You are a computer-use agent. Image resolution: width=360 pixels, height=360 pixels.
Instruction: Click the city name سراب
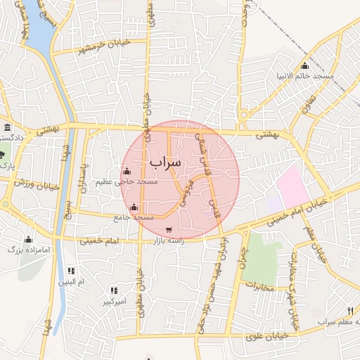pos(165,162)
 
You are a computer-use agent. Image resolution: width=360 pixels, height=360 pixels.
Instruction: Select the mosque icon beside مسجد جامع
pos(134,207)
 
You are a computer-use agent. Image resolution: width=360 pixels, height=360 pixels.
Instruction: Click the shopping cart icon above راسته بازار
pos(168,229)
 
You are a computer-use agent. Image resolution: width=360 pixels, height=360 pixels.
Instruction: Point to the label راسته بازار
pos(168,240)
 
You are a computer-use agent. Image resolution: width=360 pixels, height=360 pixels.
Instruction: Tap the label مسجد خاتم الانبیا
pos(304,75)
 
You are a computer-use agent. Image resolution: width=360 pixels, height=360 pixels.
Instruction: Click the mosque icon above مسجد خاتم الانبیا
pos(304,65)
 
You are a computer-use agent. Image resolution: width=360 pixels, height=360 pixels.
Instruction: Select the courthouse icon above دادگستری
pos(7,127)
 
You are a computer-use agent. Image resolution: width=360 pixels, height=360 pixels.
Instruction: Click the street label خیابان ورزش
pos(32,184)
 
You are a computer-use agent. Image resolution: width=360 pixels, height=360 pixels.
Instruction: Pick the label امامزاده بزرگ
pos(27,249)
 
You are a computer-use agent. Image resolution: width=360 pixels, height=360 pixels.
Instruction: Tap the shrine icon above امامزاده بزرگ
pos(28,239)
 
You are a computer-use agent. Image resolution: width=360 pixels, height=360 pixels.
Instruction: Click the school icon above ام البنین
pos(71,271)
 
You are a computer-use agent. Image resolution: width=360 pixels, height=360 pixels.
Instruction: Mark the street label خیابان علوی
pos(268,336)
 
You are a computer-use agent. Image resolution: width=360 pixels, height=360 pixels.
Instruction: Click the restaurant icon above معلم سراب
pos(349,310)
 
